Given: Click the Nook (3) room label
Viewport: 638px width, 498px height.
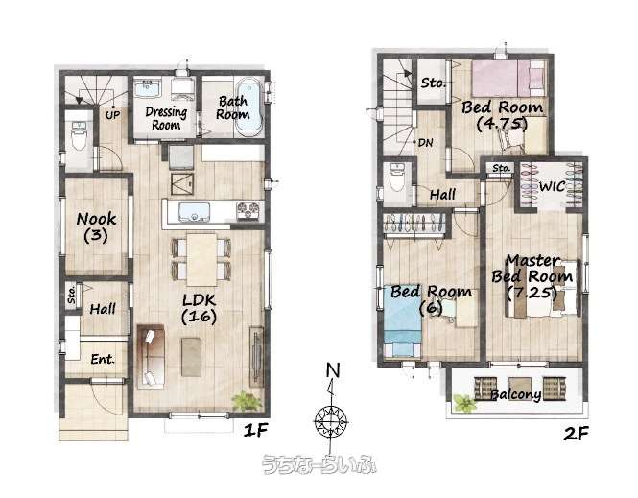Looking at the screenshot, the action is [97, 227].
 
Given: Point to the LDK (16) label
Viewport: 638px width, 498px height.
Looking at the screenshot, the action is [199, 308].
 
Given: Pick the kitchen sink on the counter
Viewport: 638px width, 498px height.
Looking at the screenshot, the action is [194, 211].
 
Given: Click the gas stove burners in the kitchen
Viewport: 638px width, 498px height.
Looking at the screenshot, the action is [248, 211].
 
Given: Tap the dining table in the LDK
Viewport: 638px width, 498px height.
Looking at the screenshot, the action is [201, 259].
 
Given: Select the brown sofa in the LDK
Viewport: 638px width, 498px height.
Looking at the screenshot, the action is [151, 356].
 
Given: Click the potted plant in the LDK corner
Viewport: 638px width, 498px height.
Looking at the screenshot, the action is [247, 401].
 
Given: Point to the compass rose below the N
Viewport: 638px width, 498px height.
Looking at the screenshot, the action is [331, 421].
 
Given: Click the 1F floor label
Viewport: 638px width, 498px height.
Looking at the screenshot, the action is [256, 431].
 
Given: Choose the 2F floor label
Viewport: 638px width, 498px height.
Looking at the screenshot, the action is [576, 434].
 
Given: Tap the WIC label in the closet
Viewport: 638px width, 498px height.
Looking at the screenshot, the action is [553, 186].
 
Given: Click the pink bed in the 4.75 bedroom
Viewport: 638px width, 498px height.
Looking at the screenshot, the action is [508, 78].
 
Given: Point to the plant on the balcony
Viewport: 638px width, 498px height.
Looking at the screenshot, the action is [464, 403].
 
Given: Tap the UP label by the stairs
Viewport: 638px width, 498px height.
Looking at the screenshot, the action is [112, 115].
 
